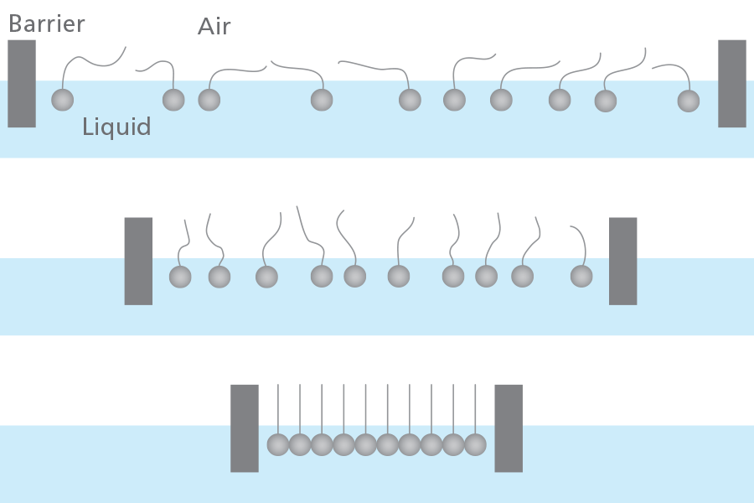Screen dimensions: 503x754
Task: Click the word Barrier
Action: click(46, 23)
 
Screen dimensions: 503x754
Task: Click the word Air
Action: click(214, 27)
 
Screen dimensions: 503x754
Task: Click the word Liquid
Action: click(116, 127)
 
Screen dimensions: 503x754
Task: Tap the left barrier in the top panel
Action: click(22, 84)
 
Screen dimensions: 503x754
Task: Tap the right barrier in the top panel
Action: click(731, 84)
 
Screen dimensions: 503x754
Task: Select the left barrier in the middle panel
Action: click(138, 261)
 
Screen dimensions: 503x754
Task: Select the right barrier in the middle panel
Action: click(622, 261)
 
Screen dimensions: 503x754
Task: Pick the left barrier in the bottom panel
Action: click(245, 428)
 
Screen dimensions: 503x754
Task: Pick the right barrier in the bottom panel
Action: click(509, 428)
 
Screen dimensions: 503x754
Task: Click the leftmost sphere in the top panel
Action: click(63, 100)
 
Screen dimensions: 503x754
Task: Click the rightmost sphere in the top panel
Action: click(688, 101)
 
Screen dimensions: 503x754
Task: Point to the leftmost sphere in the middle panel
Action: click(180, 276)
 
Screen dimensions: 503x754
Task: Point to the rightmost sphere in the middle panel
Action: click(581, 275)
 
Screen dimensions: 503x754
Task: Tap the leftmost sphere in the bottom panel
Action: click(278, 444)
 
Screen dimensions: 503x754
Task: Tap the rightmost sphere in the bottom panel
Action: click(475, 444)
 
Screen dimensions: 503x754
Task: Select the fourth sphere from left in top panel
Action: click(322, 100)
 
